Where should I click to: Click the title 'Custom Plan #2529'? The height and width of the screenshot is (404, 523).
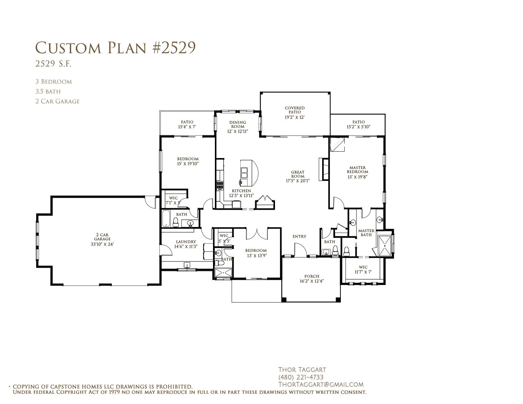[x=116, y=48]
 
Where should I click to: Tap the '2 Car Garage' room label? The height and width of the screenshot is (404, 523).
[x=102, y=237]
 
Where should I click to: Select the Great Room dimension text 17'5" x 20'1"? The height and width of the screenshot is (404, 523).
[x=297, y=181]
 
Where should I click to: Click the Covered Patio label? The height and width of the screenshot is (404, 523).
[x=295, y=110]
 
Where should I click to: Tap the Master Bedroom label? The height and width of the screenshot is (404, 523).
[x=358, y=170]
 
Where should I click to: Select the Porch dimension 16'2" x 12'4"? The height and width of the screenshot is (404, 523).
[x=312, y=281]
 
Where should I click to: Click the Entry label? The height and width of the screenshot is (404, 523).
[x=299, y=236]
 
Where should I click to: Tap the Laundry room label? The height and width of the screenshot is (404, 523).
[x=186, y=242]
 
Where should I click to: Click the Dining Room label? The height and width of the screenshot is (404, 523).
[x=238, y=124]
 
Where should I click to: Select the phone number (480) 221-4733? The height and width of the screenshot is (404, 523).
[x=301, y=377]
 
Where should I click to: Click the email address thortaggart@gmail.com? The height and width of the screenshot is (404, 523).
[x=321, y=385]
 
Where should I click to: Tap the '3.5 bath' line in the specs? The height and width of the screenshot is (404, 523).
[x=48, y=91]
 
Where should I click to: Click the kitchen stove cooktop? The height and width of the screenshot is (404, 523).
[x=220, y=185]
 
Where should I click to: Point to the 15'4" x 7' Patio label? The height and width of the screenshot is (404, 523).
[x=187, y=124]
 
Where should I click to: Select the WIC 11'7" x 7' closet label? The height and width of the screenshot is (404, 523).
[x=363, y=269]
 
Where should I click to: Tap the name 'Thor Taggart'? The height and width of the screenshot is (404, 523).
[x=302, y=370]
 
